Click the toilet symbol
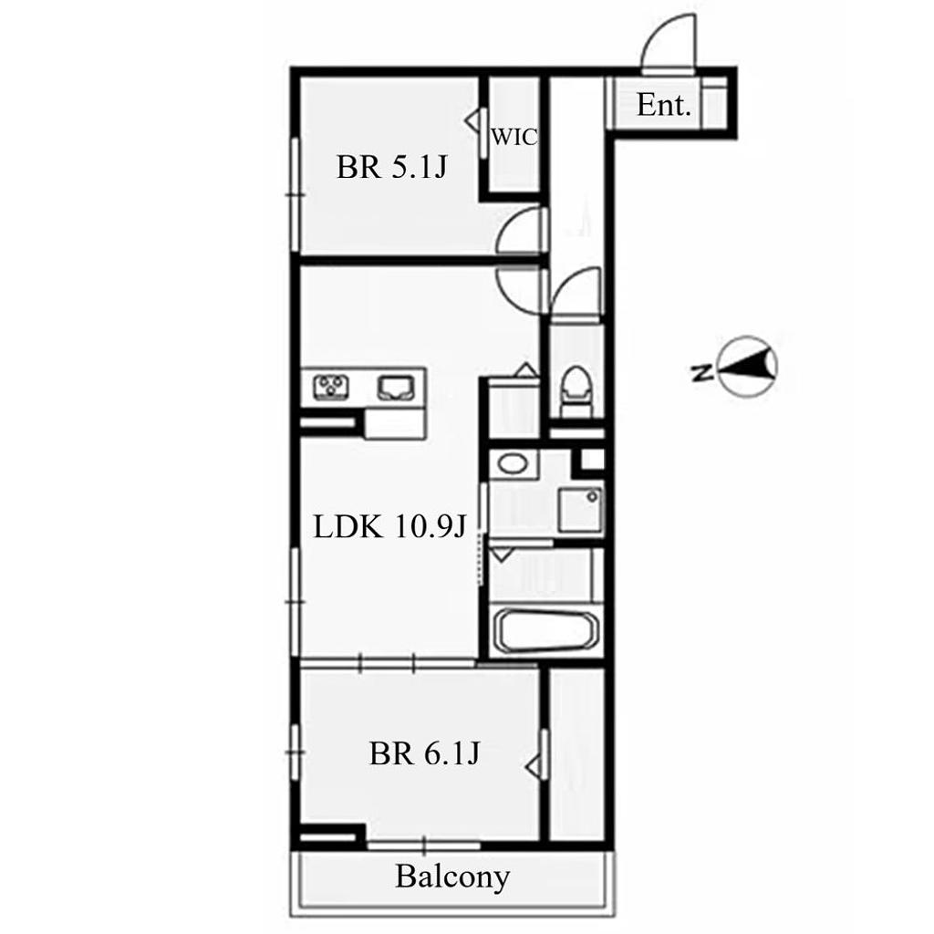576,391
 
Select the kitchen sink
394,388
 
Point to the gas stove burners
331,387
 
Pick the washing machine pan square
580,509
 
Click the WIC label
514,138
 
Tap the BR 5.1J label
391,168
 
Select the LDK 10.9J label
389,527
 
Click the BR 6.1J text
424,754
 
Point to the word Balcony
452,877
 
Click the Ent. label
664,106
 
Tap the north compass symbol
748,367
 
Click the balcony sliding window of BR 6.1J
423,845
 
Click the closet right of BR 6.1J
576,754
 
